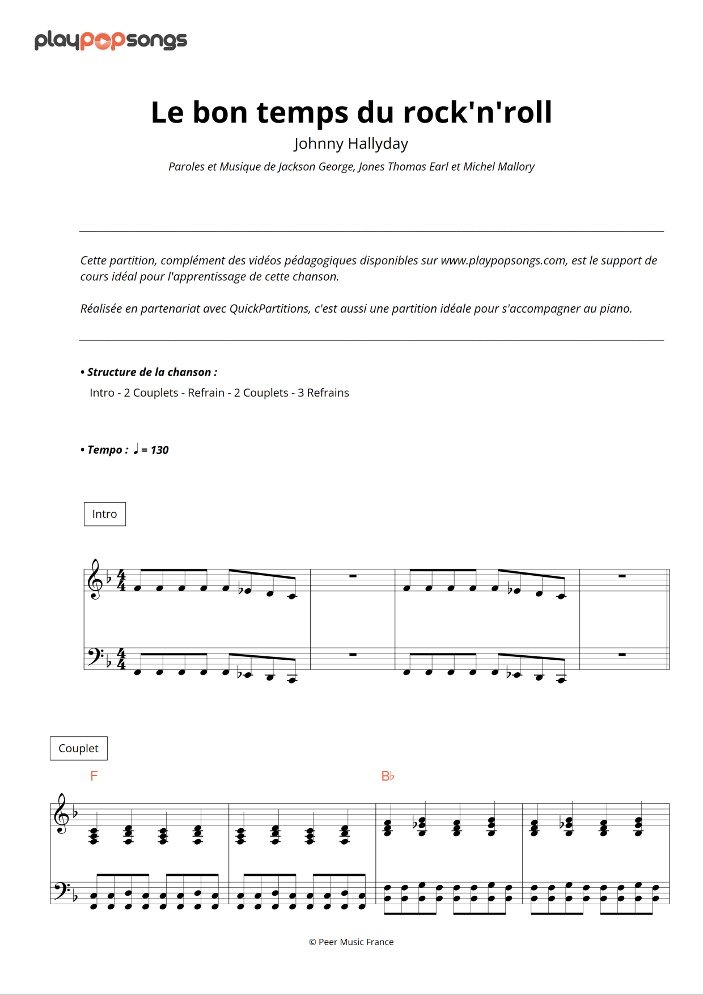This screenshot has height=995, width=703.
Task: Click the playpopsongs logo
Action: coord(111,40)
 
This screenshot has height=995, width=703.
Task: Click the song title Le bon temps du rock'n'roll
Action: coord(351,112)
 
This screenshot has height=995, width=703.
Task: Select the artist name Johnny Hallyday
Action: coord(351,144)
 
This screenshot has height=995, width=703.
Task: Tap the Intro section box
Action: coord(105,514)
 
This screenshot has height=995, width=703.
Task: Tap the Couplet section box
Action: coord(79,748)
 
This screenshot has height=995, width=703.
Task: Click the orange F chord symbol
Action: coord(94,776)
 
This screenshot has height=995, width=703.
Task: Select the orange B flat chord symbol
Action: coord(388,776)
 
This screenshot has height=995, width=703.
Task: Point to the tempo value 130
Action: coord(159,450)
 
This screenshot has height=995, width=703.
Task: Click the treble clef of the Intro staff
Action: coord(95,580)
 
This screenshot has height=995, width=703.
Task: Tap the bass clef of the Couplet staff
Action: coord(60,891)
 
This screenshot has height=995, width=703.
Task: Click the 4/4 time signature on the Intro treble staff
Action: coord(121,580)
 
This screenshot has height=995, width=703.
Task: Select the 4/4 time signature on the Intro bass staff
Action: coord(121,659)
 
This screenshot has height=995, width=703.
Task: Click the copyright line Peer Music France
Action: coord(351,942)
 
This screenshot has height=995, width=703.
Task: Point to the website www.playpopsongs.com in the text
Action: coord(503,260)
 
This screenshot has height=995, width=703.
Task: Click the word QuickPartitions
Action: coord(269,309)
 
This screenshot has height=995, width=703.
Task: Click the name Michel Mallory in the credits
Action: coord(498,167)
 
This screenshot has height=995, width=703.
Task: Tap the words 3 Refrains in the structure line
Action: coord(323,393)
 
